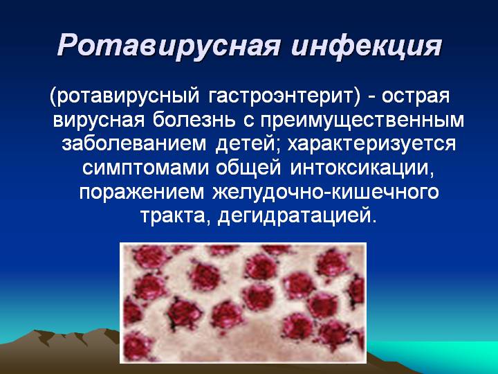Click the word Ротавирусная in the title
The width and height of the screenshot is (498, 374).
point(169,46)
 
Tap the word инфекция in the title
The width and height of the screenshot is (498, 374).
point(366,47)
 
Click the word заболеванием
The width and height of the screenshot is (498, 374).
point(133,143)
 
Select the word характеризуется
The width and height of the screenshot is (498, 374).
point(371,145)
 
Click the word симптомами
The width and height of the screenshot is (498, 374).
point(145,168)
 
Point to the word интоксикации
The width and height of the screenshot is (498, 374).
point(362,168)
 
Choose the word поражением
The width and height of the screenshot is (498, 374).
point(141,193)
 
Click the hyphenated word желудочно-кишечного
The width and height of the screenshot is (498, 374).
point(326,192)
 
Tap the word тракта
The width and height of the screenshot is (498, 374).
point(175,217)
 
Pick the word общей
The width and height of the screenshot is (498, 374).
point(248,168)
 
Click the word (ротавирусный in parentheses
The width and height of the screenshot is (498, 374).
point(124,97)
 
